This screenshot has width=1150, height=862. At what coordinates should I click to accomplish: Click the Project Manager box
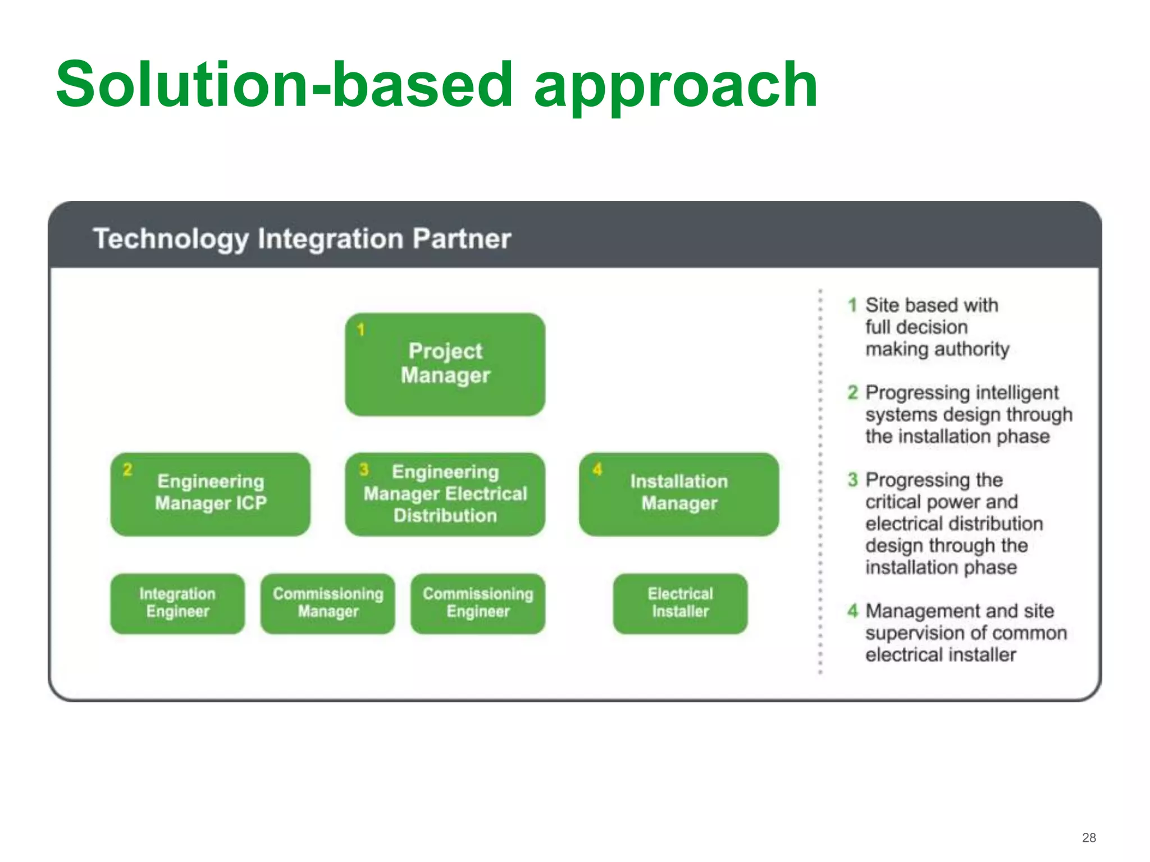pos(445,364)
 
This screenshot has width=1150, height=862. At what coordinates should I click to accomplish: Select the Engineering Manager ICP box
pos(210,494)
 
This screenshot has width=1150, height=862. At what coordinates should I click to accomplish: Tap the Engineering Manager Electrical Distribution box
pos(445,494)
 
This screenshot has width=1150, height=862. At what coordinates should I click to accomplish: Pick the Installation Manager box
pos(678,494)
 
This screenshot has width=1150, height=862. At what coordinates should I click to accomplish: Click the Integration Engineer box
pos(177,603)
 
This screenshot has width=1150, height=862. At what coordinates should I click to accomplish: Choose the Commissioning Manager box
pos(328,603)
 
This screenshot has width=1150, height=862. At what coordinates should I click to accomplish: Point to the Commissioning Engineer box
pos(478,603)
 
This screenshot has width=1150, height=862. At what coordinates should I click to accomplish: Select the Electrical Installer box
pos(680,603)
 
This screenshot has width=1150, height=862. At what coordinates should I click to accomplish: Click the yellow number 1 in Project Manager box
pos(361,329)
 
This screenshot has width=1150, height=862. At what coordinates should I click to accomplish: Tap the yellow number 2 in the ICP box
pos(127,469)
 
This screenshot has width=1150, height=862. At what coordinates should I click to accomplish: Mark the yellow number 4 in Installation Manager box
pos(597,469)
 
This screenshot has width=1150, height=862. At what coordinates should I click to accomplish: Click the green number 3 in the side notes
pos(853,480)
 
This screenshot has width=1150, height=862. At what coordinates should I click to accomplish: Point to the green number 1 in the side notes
pos(852,305)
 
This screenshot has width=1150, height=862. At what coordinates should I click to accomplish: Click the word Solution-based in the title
pos(284,85)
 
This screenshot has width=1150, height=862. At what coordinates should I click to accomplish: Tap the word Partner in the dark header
pos(462,239)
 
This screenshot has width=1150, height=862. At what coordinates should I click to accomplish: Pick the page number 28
pos(1089,837)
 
